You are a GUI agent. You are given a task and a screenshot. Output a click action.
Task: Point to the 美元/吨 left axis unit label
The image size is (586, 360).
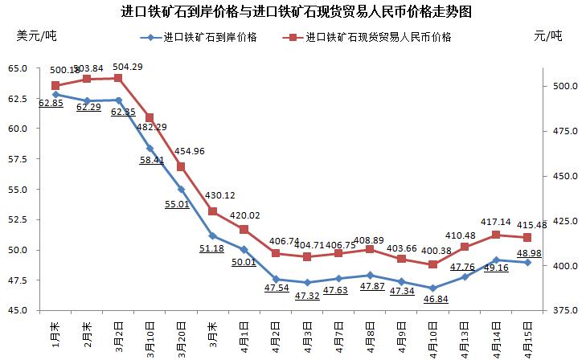[x=37, y=35]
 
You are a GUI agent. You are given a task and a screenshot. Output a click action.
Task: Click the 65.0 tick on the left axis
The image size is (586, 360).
[x=18, y=68]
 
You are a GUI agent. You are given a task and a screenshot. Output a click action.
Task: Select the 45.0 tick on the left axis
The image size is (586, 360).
[x=18, y=310]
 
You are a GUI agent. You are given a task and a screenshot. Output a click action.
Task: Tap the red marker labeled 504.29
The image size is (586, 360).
[x=118, y=78]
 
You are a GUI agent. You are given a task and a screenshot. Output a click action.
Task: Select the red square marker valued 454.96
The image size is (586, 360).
[x=181, y=167]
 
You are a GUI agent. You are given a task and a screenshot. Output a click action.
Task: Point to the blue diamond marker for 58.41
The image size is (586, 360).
[x=150, y=148]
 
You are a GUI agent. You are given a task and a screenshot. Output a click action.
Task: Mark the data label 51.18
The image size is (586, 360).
[x=212, y=248]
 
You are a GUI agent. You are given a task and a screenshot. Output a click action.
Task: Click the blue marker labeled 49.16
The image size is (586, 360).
[x=496, y=260]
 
